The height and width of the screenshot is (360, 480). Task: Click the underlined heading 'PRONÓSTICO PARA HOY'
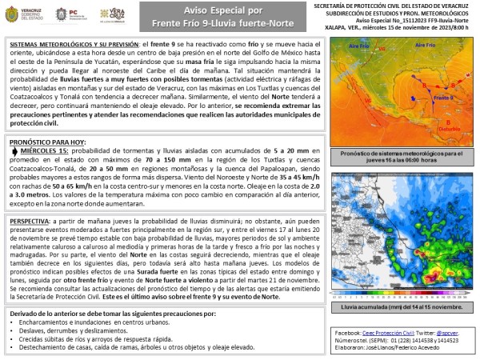tap(49, 140)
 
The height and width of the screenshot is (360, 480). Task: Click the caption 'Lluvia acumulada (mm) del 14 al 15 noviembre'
tap(402, 306)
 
